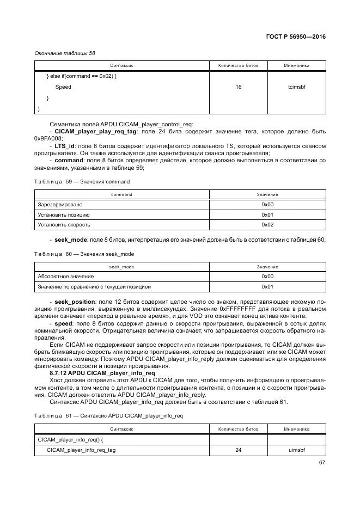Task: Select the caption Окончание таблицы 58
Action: pyautogui.click(x=65, y=53)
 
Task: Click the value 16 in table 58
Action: pyautogui.click(x=238, y=87)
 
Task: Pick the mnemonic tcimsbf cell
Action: pyautogui.click(x=296, y=87)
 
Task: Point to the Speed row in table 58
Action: pyautogui.click(x=63, y=87)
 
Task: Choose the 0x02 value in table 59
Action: pyautogui.click(x=267, y=224)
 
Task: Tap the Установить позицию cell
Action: pyautogui.click(x=63, y=214)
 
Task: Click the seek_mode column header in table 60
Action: pyautogui.click(x=121, y=267)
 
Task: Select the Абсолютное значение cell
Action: pyautogui.click(x=66, y=277)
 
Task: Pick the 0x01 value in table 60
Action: pyautogui.click(x=267, y=286)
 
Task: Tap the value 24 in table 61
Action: pyautogui.click(x=238, y=450)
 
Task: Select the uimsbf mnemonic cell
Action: pyautogui.click(x=296, y=450)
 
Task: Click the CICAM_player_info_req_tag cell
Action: pyautogui.click(x=81, y=450)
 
